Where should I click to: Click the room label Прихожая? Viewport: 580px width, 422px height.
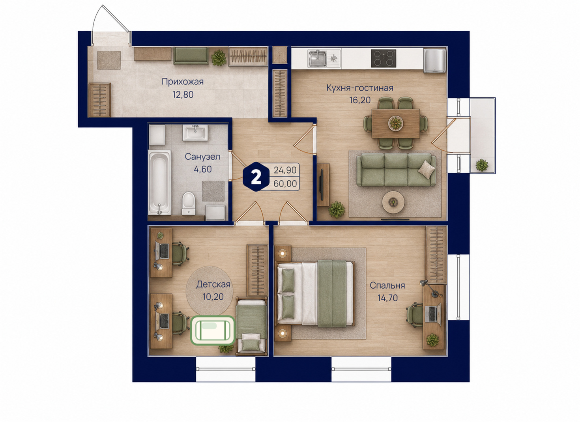click(183, 82)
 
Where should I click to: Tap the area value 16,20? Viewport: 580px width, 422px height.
click(360, 100)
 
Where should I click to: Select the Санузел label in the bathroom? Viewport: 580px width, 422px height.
click(202, 157)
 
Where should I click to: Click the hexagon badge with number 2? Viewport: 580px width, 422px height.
click(256, 177)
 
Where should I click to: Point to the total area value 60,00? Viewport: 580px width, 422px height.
click(285, 184)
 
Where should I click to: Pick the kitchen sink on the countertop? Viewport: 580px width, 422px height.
click(317, 58)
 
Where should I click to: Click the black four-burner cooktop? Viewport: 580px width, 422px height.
click(384, 58)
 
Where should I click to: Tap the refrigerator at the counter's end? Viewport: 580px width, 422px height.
click(434, 61)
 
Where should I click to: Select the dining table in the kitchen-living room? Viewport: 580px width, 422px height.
click(396, 123)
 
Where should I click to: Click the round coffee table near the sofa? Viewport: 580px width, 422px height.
click(393, 202)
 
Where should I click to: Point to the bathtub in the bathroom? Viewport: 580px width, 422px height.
click(159, 182)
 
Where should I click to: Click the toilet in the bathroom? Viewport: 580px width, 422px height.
click(188, 203)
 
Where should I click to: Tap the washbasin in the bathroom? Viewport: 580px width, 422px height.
click(195, 133)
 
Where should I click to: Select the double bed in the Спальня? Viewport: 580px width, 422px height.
click(315, 293)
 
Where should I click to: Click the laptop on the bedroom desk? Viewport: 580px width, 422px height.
click(433, 314)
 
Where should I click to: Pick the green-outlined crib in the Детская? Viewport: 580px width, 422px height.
click(213, 331)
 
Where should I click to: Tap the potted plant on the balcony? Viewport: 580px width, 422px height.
click(482, 165)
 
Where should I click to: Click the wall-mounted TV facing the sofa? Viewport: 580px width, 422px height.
click(322, 185)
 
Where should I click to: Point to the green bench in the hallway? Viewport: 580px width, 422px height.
click(191, 55)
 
